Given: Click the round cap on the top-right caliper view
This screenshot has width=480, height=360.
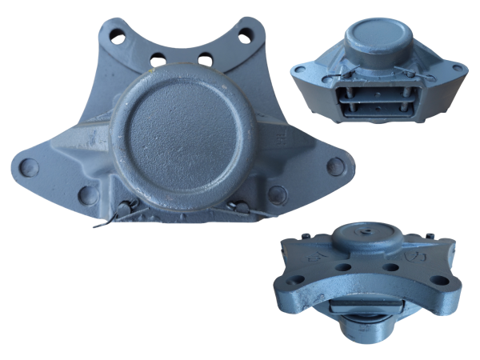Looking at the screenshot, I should point(378,33).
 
